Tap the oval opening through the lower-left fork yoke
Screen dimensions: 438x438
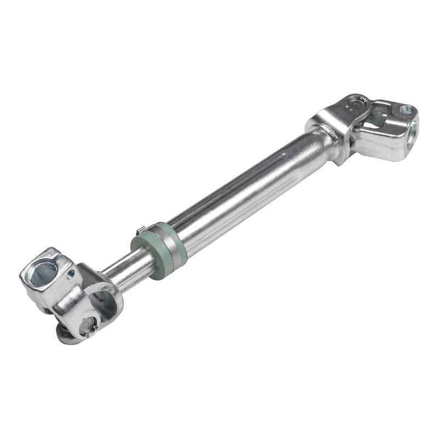101,301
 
